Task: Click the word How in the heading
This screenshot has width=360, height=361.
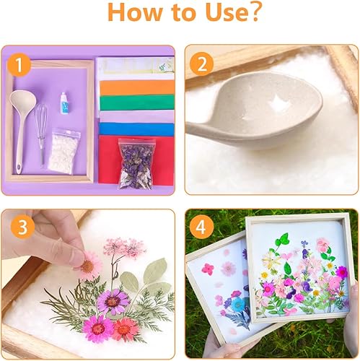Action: [134, 12]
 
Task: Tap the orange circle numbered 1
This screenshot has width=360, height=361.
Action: [19, 65]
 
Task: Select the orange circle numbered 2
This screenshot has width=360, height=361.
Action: [201, 64]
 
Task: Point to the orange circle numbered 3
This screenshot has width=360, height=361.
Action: [22, 227]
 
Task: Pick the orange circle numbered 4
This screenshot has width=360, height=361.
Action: [201, 227]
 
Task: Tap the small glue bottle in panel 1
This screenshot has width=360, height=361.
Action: [64, 103]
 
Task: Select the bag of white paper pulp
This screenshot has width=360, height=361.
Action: [64, 151]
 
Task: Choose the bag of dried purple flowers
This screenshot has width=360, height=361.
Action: [136, 164]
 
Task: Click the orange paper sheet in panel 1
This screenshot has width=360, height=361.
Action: [137, 87]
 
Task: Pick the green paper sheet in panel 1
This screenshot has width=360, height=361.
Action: [137, 103]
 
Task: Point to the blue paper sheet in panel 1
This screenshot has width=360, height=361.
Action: [136, 129]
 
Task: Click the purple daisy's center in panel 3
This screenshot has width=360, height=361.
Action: [113, 302]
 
